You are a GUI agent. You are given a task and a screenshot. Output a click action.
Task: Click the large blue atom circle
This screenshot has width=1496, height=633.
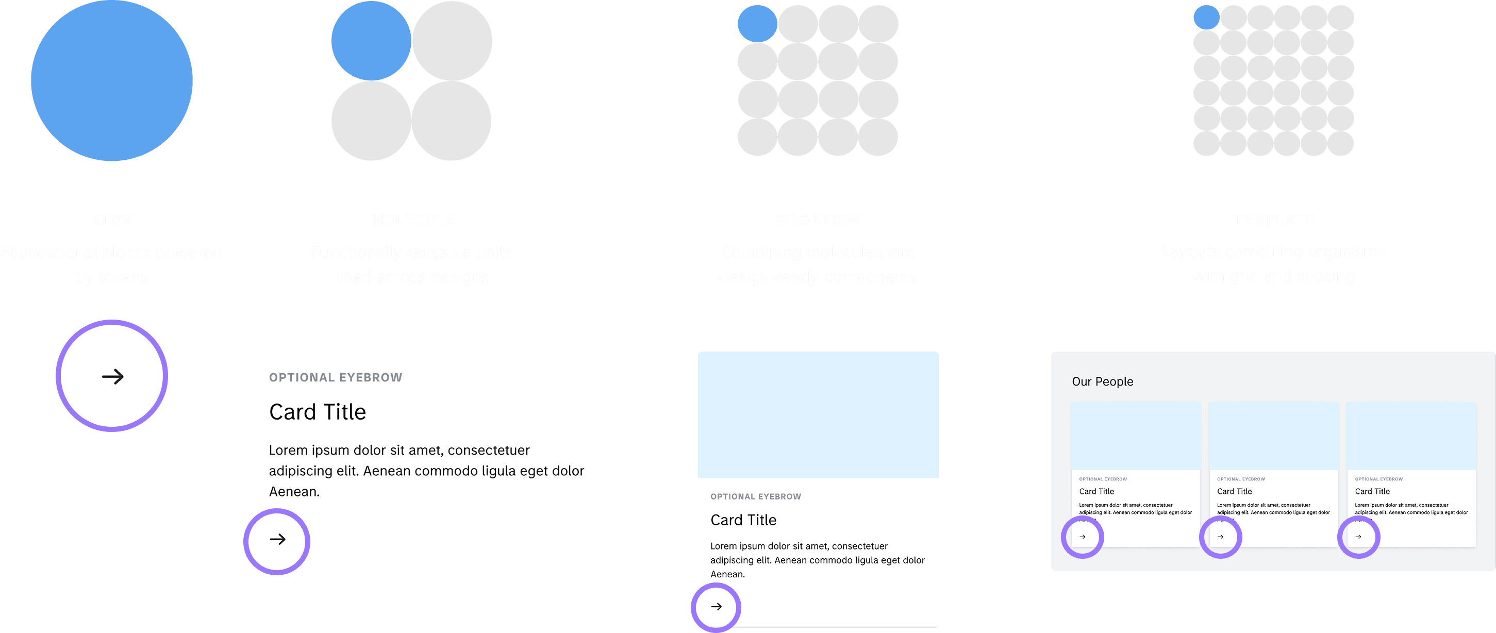[111, 80]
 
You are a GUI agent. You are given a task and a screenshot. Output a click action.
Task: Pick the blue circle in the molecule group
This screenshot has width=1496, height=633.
[371, 41]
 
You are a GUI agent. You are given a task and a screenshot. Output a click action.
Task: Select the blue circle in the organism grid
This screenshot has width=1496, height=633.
[757, 24]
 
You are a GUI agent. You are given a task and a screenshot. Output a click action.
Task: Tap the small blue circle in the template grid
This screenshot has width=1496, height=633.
[1206, 18]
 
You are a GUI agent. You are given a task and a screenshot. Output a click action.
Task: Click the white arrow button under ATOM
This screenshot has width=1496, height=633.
[112, 376]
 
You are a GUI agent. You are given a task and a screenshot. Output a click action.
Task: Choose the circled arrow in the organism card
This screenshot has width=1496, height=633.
[717, 607]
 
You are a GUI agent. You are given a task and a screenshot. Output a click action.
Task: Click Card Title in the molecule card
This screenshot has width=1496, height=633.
[318, 412]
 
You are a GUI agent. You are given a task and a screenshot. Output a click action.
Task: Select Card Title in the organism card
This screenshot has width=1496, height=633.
[743, 520]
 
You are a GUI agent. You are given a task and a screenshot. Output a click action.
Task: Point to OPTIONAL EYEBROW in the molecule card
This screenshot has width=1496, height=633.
[336, 377]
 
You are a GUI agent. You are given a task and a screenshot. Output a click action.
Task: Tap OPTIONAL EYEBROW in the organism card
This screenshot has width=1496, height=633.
[756, 496]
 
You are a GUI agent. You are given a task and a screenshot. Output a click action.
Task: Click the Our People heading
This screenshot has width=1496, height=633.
[1102, 381]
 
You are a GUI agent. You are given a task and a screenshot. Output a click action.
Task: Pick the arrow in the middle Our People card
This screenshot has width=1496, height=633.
[1220, 537]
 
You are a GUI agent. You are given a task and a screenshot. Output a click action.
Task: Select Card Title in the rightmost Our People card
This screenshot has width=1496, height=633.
[1372, 491]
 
